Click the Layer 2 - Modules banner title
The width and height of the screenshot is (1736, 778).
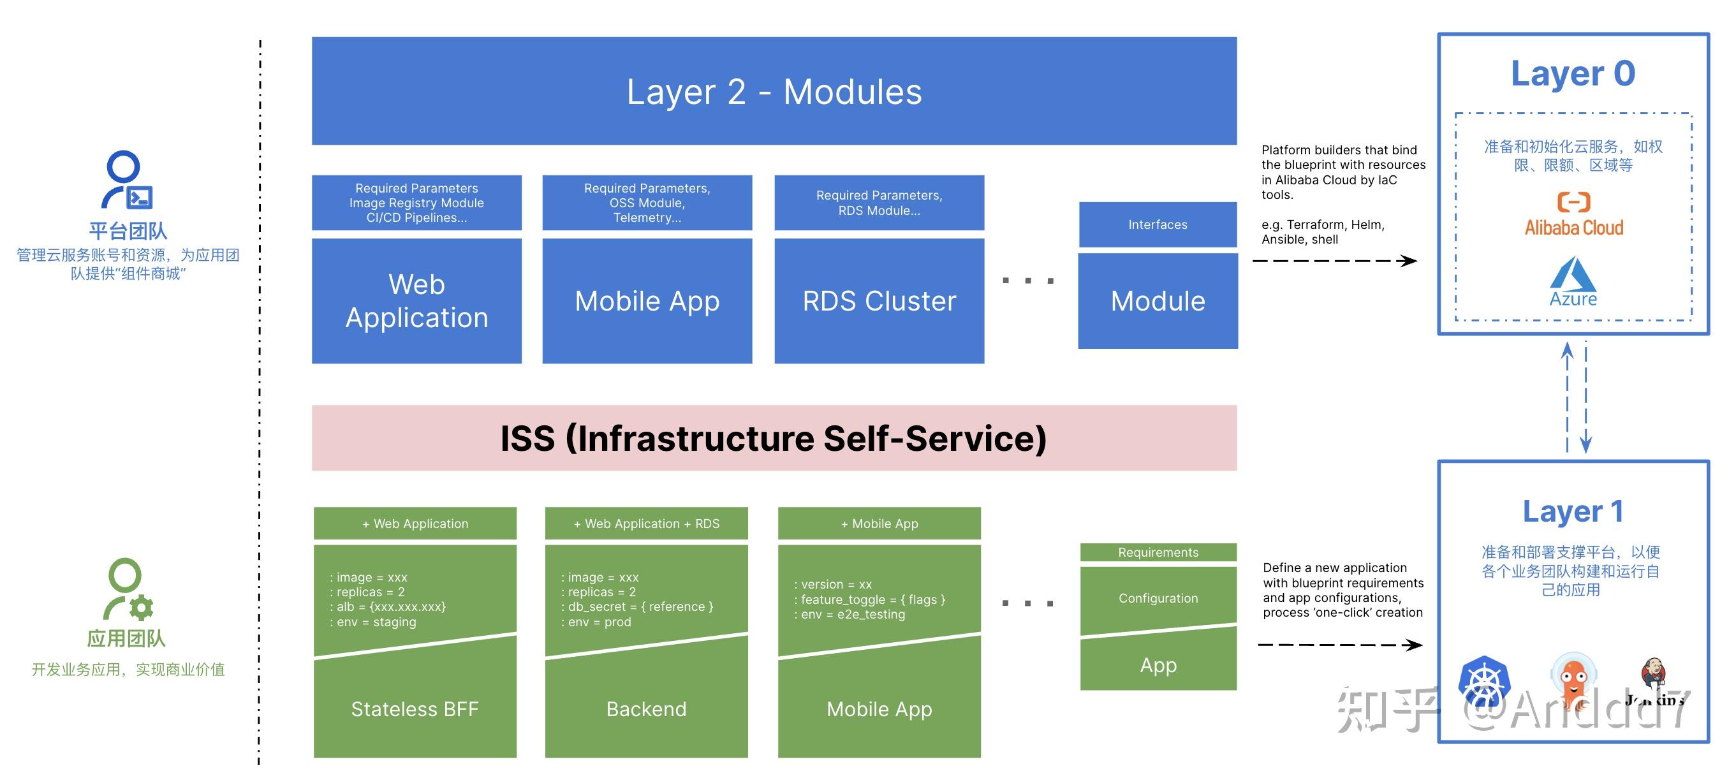(774, 92)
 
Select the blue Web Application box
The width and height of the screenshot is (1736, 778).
(416, 301)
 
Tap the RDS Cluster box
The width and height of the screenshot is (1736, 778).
(879, 301)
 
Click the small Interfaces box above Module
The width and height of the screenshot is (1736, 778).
(1157, 224)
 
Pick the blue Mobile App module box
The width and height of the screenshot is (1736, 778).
(647, 301)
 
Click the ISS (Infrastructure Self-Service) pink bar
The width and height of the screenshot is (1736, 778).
(774, 438)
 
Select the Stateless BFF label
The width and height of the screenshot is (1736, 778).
(415, 708)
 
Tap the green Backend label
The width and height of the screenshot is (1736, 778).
(646, 708)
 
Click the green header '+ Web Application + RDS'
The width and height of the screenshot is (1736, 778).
(646, 524)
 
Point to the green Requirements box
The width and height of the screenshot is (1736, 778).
(1158, 552)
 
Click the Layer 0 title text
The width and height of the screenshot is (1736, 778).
(1573, 74)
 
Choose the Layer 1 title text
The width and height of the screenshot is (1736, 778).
(1573, 512)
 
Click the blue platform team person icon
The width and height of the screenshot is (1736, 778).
(127, 180)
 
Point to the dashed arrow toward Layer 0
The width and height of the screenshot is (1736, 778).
(1334, 261)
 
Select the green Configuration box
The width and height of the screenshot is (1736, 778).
(1158, 598)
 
